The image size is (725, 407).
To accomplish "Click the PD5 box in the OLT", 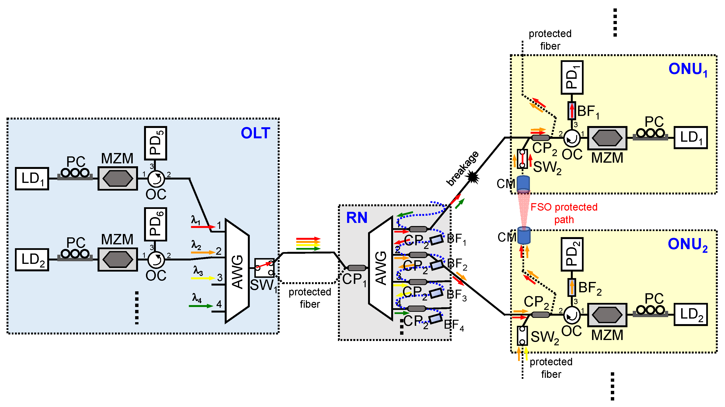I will (x=155, y=143).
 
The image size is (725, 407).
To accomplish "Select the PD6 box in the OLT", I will (x=155, y=224).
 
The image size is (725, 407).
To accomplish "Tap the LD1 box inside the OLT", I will (x=32, y=179).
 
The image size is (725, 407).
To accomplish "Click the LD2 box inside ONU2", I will (x=690, y=314).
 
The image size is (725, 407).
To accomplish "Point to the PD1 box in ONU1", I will (x=572, y=77).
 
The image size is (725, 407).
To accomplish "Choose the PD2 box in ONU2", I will (x=572, y=254).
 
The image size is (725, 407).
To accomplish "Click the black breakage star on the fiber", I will (x=473, y=177).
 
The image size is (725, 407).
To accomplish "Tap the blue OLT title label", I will (x=255, y=133).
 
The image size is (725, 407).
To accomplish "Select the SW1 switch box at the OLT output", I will (x=264, y=268).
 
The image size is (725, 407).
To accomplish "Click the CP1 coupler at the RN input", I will (x=356, y=268).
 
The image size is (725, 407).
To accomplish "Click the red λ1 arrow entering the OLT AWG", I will (x=203, y=227).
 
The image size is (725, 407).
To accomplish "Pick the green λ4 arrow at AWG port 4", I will (x=201, y=306).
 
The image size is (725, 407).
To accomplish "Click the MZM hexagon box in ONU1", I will (x=607, y=138).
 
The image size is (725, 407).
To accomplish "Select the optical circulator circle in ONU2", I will (x=572, y=315).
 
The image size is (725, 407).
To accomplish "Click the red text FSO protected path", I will (x=564, y=213).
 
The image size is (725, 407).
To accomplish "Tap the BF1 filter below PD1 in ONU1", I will (x=572, y=111).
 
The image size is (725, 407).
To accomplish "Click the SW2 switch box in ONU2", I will (x=522, y=335).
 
